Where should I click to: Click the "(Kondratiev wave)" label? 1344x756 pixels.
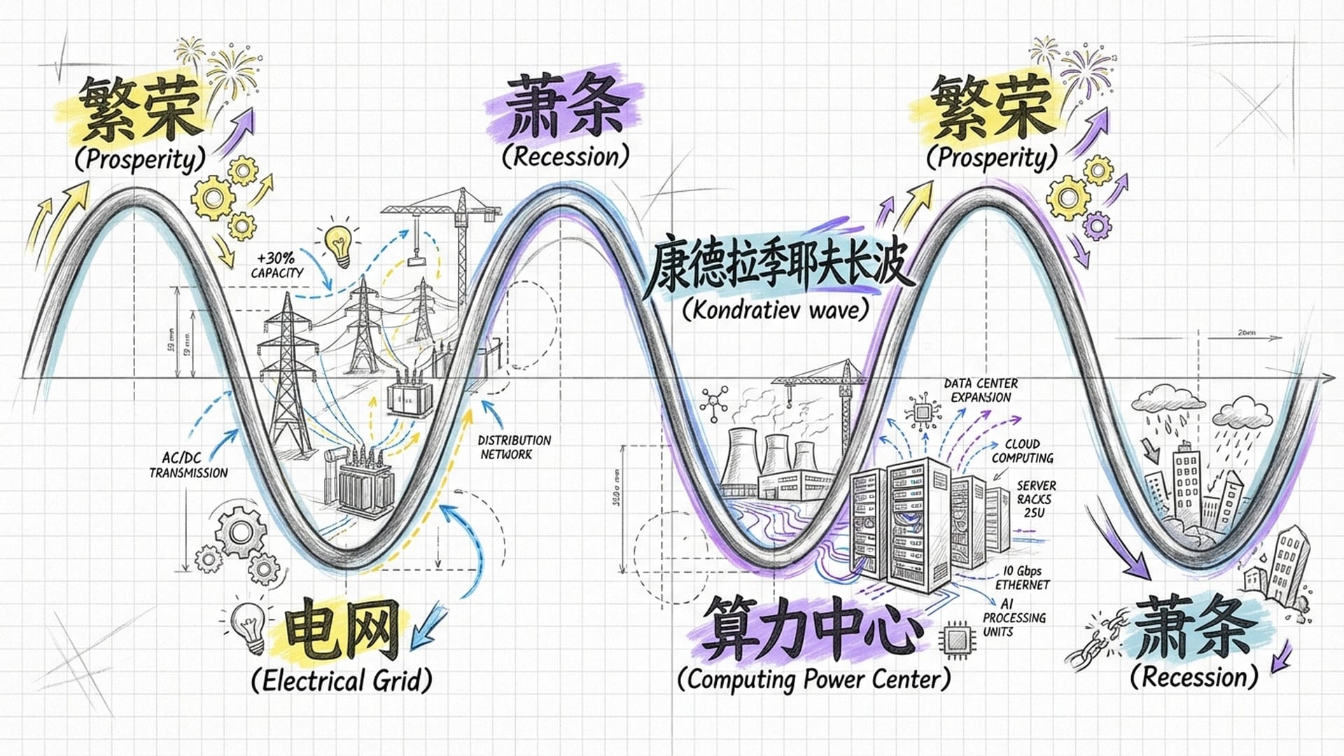pos(775,309)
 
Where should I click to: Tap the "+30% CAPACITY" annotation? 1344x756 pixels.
pos(277,266)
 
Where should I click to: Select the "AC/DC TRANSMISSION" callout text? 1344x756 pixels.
pos(188,465)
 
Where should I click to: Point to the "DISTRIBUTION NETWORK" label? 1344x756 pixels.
pos(514,447)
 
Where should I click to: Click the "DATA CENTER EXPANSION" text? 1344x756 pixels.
pos(981,391)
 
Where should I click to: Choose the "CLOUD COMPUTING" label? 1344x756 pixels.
pos(1022,451)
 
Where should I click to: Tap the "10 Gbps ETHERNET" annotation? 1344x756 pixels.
pos(1022,577)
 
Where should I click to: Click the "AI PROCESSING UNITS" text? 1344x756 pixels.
pos(1013,617)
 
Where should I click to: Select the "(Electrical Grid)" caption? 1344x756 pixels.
pos(341,680)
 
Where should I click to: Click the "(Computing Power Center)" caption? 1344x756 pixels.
pos(814,679)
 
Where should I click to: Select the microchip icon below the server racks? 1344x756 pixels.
pos(958,639)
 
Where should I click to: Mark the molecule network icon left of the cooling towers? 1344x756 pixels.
pos(713,404)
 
